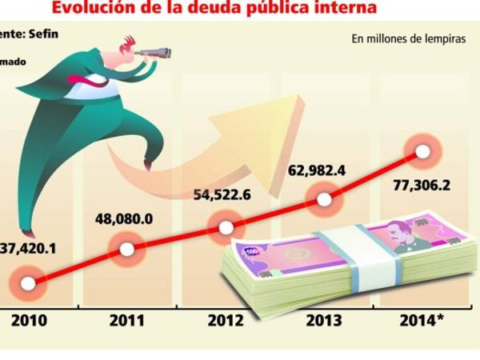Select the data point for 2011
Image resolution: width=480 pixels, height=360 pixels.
click(x=126, y=250)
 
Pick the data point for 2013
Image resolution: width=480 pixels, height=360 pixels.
click(x=324, y=199)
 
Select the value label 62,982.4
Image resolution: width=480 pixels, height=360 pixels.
click(x=325, y=169)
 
